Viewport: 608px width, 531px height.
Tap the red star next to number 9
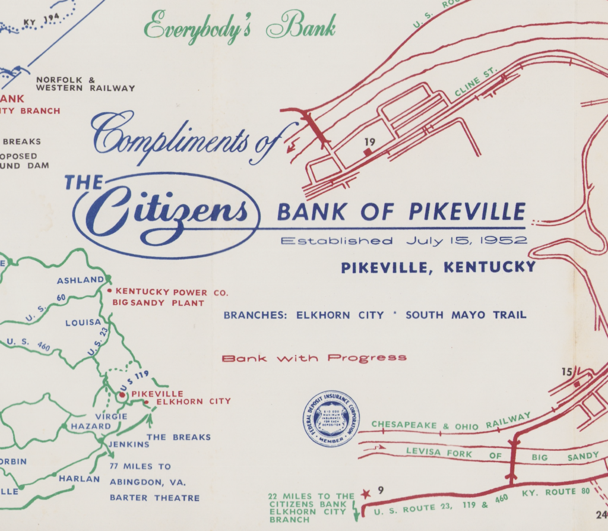pos(366,493)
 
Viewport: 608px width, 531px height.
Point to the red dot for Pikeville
pos(122,394)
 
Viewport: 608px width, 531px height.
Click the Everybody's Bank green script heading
pos(240,27)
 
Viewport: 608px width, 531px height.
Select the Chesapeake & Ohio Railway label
pos(449,423)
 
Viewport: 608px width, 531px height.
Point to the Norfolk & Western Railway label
pos(85,84)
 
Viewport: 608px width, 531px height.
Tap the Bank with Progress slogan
pos(313,358)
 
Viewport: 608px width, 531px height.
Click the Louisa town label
pos(83,323)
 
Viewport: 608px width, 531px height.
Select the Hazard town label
pos(91,426)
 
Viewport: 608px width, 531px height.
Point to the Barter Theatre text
pos(154,498)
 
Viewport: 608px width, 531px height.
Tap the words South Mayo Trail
pos(465,315)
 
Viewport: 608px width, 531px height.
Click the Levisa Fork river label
pos(439,453)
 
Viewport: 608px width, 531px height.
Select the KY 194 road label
pos(42,20)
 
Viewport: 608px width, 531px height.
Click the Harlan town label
pos(78,479)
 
